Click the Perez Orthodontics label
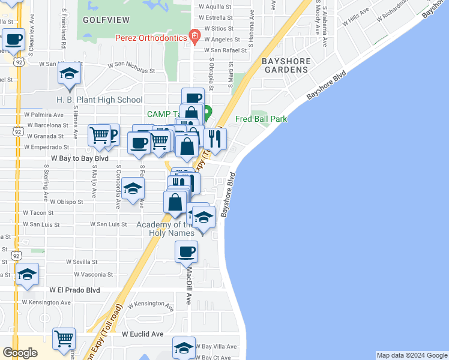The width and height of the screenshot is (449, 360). (x=151, y=38)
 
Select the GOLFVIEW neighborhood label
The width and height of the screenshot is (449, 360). (x=106, y=20)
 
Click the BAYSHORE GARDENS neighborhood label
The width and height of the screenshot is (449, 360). (x=286, y=65)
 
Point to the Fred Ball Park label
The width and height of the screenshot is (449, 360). (x=261, y=119)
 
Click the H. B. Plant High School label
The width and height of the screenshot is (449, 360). (x=100, y=100)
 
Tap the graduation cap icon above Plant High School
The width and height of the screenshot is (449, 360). (x=70, y=74)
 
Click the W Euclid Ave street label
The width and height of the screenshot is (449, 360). (x=143, y=334)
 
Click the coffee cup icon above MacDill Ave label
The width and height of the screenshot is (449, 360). (x=187, y=251)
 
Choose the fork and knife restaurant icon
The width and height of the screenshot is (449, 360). (x=215, y=138)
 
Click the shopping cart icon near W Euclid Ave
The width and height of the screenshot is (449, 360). (x=64, y=338)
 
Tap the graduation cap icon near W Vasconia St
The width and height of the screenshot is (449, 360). (x=27, y=274)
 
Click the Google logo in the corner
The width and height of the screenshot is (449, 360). (x=19, y=353)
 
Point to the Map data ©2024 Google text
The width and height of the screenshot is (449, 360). (x=412, y=355)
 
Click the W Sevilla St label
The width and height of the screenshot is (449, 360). (x=82, y=262)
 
